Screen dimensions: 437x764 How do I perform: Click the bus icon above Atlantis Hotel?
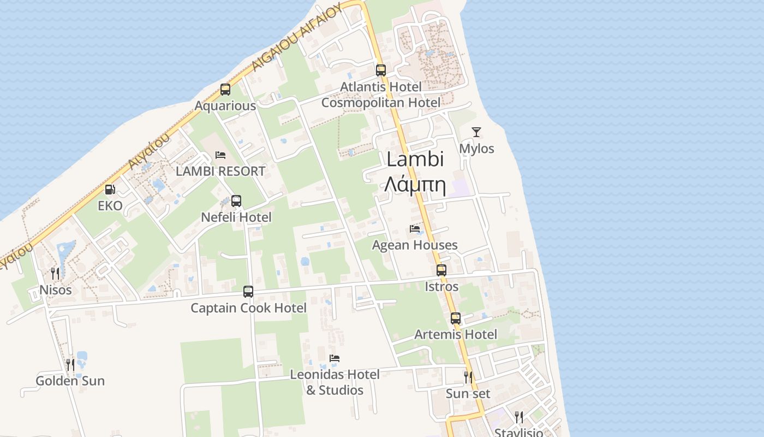380,70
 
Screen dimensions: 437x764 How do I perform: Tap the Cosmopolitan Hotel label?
380,103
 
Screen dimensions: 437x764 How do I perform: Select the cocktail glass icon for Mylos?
476,132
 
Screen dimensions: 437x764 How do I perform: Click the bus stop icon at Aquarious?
225,90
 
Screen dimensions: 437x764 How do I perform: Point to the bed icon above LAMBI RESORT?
220,155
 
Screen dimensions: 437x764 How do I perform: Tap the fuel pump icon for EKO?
110,190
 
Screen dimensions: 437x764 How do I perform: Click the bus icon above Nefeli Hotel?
236,201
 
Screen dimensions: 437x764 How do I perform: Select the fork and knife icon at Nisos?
55,273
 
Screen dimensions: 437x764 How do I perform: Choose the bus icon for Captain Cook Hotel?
248,292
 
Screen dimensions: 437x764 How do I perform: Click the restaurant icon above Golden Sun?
70,364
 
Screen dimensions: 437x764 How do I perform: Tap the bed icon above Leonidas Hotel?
335,358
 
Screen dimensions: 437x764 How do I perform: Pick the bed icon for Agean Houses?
415,229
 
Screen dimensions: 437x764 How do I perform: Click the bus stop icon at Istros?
441,270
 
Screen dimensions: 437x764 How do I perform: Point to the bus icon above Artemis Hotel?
456,318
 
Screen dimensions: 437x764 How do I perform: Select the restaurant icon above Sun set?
468,377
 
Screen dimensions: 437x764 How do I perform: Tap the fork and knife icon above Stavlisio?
519,417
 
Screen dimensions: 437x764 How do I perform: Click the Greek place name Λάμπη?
415,185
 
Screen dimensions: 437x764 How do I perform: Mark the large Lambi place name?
415,160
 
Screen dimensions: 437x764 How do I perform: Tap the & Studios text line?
335,390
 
